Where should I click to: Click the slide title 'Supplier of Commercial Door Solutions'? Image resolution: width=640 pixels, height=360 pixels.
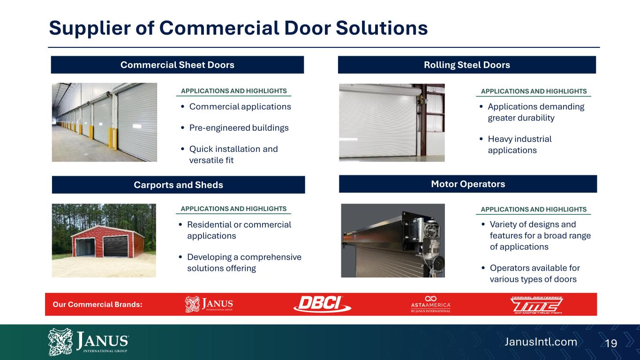[238, 28]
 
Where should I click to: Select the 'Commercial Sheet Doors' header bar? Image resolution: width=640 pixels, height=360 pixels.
[177, 65]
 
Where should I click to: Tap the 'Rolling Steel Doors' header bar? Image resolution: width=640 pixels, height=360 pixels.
[467, 65]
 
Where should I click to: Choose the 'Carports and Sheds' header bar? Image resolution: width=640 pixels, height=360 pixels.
[178, 185]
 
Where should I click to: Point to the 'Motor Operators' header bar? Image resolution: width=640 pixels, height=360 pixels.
[468, 184]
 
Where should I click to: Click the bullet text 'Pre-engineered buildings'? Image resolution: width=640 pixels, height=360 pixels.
[239, 127]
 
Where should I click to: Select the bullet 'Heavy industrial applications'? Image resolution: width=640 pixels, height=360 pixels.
[520, 144]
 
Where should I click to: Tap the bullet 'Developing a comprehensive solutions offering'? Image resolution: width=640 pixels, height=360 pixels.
[244, 262]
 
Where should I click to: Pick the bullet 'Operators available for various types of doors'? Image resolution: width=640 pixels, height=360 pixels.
[535, 273]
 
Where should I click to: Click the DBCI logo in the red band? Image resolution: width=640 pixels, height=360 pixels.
[322, 304]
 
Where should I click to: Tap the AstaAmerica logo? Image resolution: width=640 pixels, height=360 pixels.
[430, 304]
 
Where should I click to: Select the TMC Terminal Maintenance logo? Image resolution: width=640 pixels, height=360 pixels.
[536, 305]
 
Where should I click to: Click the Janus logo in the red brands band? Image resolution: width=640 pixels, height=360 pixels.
[209, 304]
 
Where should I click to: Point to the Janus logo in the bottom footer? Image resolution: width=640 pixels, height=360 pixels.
[88, 342]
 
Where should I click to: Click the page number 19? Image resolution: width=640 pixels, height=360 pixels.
[611, 343]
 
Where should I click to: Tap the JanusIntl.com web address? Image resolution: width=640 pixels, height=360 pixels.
[541, 342]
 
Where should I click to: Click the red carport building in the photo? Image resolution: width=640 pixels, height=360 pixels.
[108, 242]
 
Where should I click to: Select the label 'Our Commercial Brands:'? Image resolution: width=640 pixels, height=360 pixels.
[98, 304]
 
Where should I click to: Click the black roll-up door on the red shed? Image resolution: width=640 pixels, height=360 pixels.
[115, 246]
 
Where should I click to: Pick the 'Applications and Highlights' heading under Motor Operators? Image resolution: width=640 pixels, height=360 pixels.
[534, 209]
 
